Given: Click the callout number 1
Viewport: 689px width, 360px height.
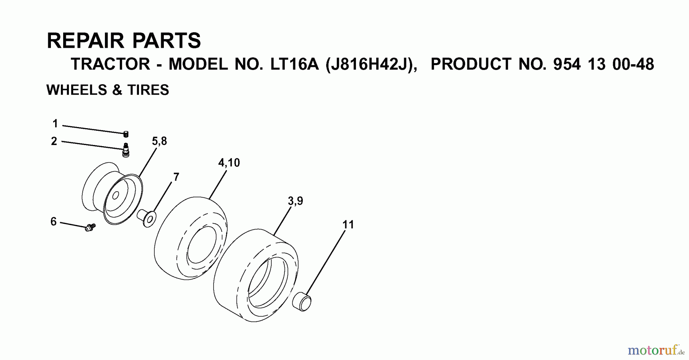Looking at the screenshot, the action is coord(55,124).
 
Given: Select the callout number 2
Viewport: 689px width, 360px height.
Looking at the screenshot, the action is coord(54,141).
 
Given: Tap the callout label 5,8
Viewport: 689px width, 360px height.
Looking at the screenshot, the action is coord(159,141).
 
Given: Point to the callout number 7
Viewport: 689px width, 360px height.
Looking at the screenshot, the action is coord(176,177).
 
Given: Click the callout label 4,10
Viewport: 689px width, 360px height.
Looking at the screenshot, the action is coord(229,163).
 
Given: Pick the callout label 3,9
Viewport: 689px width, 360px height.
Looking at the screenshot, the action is coord(295,201).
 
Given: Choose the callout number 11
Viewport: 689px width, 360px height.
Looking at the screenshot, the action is coord(348,225).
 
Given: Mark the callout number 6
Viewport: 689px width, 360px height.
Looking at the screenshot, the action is coord(54,222).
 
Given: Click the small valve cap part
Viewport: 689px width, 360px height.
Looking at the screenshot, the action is coord(126,134).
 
